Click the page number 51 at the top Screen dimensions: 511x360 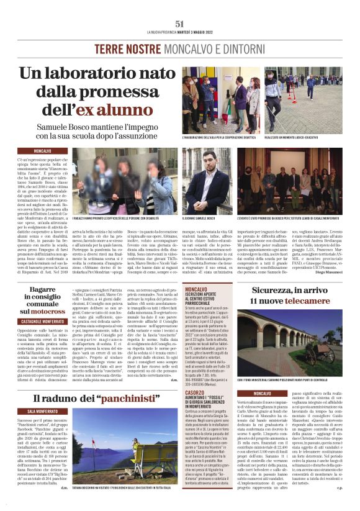180,23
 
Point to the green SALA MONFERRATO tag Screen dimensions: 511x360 45,410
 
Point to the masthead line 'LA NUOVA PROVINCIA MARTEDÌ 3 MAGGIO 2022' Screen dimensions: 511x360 180,32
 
